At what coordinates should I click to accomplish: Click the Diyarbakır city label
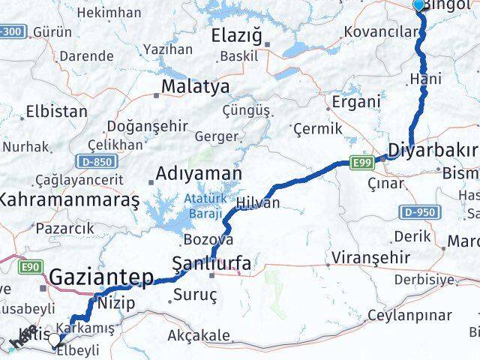[433, 147]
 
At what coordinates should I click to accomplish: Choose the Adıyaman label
[198, 174]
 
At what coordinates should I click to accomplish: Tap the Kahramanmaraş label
[69, 200]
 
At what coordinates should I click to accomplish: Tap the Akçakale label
[199, 335]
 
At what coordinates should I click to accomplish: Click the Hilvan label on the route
[257, 203]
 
